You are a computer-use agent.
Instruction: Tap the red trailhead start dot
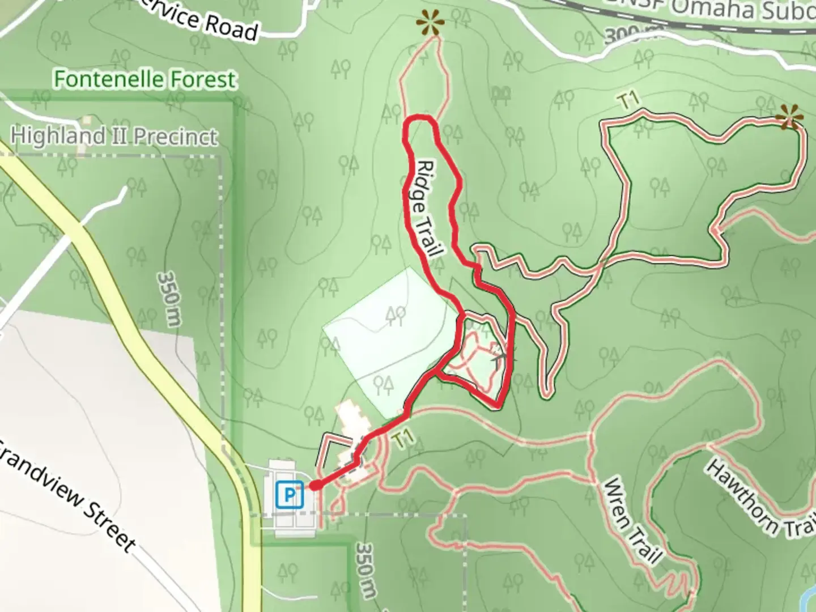pos(316,486)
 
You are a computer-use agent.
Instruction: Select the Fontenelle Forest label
pos(144,79)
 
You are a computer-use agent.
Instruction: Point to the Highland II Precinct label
pos(114,136)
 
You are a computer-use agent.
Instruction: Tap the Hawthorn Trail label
pos(759,499)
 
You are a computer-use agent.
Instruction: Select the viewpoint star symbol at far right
pos(789,118)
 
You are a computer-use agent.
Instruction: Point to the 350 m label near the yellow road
pos(169,299)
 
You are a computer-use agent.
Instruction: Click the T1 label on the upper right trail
pos(628,101)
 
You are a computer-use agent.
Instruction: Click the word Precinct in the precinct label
pos(176,137)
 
